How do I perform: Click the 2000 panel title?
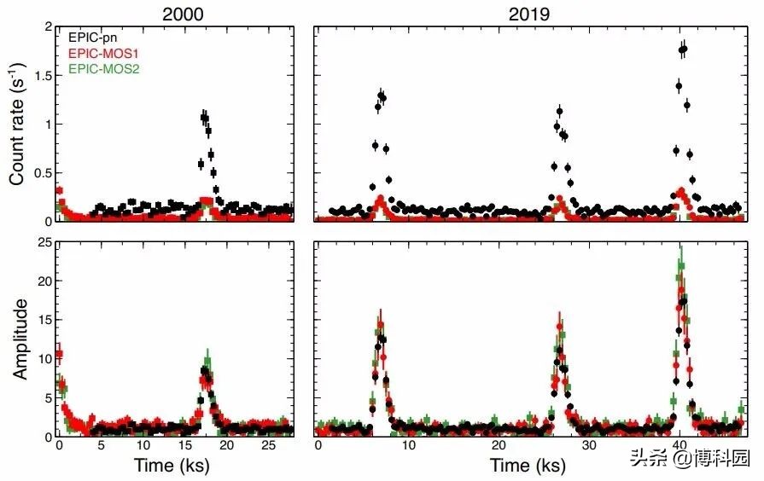172,13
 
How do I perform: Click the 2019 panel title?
529,13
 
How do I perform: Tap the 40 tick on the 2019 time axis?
679,446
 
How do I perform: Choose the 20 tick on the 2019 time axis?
499,446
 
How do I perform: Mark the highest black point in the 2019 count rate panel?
683,49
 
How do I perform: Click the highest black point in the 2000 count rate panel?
204,115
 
